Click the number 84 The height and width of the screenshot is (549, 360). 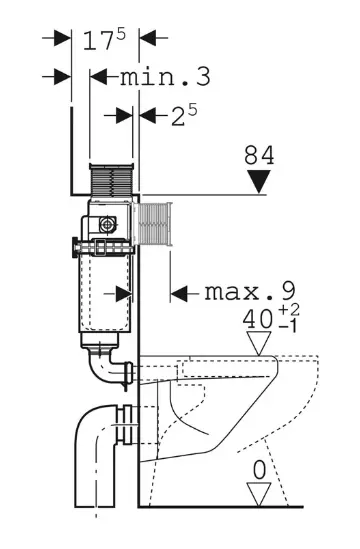[260, 155]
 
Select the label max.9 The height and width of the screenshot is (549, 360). [250, 292]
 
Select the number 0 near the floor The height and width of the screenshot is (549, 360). [260, 466]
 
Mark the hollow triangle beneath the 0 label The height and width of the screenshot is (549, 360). [260, 492]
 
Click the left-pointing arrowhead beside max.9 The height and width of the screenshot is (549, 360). [180, 293]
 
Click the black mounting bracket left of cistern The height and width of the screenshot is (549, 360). [74, 245]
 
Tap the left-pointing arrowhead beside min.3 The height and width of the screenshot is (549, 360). [99, 77]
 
